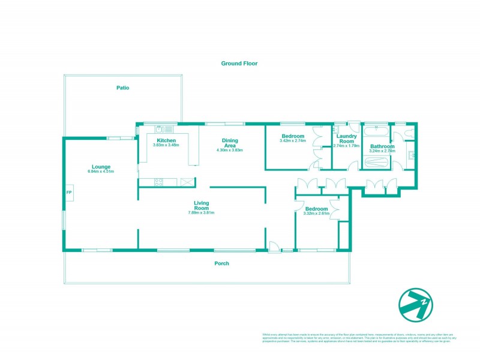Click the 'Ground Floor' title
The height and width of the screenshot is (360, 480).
click(239, 63)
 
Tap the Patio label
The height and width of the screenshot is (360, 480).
click(122, 88)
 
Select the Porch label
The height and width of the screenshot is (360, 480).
click(222, 263)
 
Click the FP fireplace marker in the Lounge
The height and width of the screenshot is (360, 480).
click(69, 193)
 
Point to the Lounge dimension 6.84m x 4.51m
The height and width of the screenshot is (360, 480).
click(100, 172)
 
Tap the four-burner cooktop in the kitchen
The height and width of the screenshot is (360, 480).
click(159, 182)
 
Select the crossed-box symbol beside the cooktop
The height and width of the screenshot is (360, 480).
click(187, 182)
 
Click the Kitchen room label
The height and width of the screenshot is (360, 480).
click(166, 140)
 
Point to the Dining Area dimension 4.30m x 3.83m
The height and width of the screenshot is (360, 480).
click(231, 150)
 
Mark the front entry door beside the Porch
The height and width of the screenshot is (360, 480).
click(273, 246)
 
